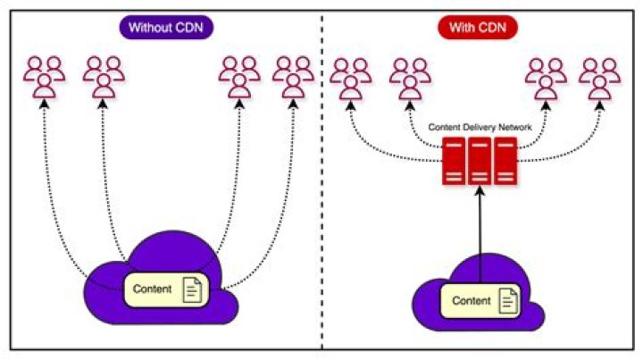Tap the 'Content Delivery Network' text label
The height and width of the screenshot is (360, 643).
[x=480, y=128]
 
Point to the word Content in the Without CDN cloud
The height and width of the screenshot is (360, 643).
[x=152, y=289]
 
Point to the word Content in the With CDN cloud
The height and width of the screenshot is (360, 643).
[x=471, y=301]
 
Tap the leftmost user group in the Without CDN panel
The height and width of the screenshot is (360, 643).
[x=44, y=77]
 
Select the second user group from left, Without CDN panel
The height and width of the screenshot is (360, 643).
[x=104, y=77]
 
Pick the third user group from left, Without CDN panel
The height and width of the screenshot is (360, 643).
[x=238, y=77]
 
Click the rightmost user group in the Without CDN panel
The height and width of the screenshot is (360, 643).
[x=294, y=77]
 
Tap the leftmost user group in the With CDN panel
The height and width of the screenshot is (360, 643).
[x=350, y=77]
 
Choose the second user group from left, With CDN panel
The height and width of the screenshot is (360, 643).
[x=409, y=77]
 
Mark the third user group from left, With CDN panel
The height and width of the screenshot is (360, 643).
[x=545, y=77]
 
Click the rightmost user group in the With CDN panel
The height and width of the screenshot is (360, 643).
[x=600, y=77]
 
